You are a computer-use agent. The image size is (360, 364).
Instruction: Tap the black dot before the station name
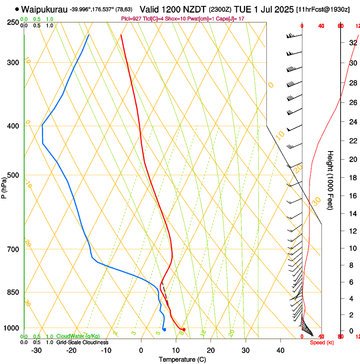point(17,9)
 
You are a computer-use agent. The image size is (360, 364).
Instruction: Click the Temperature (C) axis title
point(182,359)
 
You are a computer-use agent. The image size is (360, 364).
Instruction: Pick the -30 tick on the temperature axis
point(36,350)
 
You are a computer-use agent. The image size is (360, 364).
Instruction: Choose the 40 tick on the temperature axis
point(280,350)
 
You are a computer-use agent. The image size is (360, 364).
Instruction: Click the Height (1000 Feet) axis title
point(330,180)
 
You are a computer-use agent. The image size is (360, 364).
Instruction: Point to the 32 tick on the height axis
point(352,42)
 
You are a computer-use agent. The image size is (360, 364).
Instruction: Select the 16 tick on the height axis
point(352,196)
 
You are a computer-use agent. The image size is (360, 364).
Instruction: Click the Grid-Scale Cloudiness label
point(82,342)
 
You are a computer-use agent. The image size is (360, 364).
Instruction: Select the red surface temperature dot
point(183,329)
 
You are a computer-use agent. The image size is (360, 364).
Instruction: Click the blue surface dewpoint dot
point(164,329)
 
